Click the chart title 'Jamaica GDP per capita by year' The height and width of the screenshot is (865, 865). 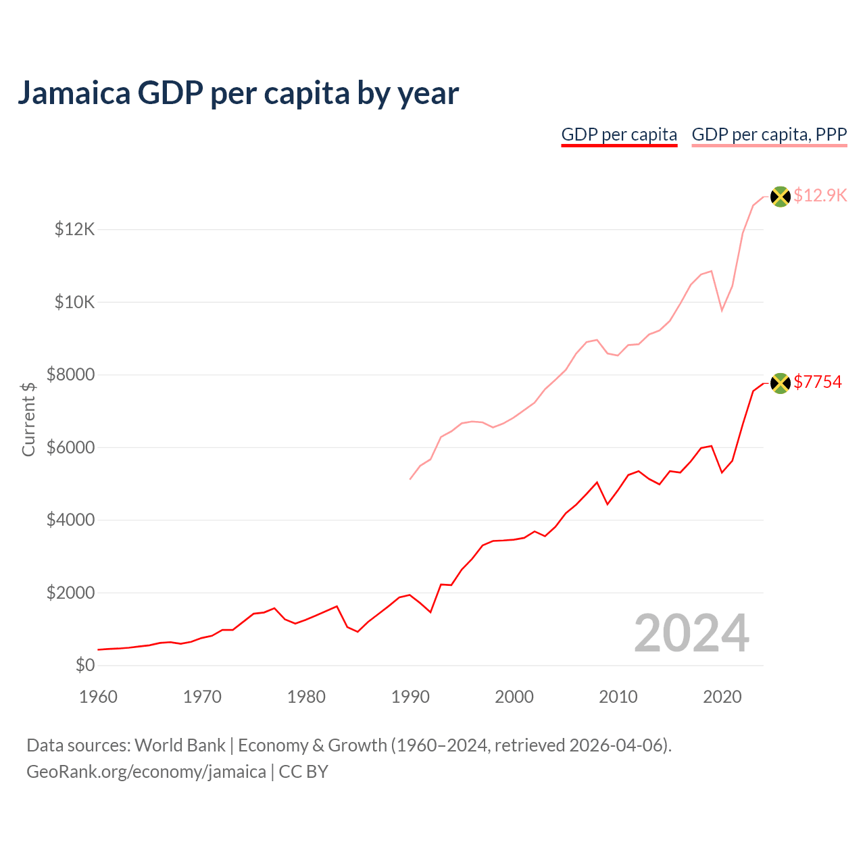point(238,93)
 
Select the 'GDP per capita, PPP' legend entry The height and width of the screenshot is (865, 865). point(769,134)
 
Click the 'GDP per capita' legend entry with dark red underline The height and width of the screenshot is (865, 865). point(619,134)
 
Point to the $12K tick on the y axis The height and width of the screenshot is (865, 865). point(75,230)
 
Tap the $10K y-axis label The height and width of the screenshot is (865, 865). point(75,302)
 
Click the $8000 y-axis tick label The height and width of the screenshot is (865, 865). point(71,375)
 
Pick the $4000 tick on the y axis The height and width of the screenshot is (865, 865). point(71,520)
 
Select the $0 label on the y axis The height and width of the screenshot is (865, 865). point(85,666)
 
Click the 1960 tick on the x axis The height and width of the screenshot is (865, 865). point(99,697)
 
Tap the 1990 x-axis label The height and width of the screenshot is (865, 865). point(410,697)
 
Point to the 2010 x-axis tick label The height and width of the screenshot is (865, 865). point(618,697)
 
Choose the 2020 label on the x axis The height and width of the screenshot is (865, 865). point(722,697)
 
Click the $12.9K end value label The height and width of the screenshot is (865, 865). point(820,196)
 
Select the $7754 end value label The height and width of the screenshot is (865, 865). point(818,382)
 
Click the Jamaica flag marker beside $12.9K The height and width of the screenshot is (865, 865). point(781,197)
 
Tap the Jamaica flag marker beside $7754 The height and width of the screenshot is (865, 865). point(781,383)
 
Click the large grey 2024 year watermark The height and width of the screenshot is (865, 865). point(691,634)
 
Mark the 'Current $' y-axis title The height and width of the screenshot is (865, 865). point(28,419)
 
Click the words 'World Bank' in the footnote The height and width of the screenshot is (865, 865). point(180,745)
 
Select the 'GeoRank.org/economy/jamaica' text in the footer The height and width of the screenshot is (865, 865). point(146,772)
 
